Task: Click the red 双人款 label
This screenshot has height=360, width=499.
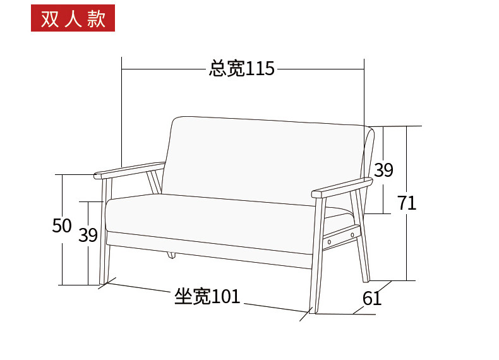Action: [x=73, y=19]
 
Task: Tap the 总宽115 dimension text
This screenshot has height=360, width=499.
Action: [x=242, y=68]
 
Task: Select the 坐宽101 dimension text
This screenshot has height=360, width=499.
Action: [x=207, y=296]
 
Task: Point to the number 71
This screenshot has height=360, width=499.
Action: [x=407, y=203]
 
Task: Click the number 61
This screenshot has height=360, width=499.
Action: [x=372, y=298]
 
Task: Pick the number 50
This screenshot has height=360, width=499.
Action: [x=61, y=225]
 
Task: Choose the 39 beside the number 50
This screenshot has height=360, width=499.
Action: [x=88, y=235]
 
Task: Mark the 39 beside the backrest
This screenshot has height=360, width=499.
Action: [x=383, y=170]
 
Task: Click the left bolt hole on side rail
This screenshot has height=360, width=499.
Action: [x=328, y=241]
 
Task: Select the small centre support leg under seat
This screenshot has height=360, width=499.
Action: [x=170, y=255]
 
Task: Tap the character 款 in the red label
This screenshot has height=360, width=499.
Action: [x=96, y=19]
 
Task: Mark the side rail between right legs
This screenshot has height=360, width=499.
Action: [x=342, y=235]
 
